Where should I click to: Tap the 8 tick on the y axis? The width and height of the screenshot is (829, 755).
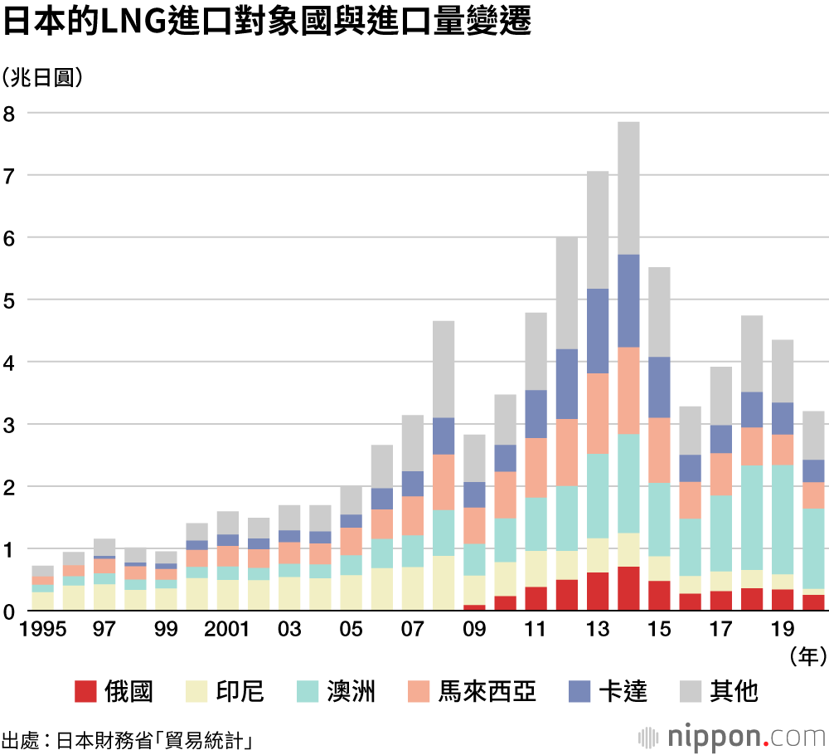coord(9,113)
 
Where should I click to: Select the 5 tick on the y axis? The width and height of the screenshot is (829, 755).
coord(9,300)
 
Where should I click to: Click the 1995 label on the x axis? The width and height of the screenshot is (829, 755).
coord(43,630)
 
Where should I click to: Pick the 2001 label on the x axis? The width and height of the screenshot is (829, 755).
coord(227,630)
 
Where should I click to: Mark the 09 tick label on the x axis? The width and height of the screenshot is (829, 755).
coord(474,630)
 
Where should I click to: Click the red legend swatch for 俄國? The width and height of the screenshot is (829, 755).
coord(85,690)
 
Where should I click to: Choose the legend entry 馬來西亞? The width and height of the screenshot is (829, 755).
coord(486,690)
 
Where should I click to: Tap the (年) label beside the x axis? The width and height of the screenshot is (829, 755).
coord(807,657)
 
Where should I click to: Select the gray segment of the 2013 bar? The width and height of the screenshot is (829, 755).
coord(598,230)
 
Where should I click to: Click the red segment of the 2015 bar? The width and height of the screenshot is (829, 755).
coord(659,596)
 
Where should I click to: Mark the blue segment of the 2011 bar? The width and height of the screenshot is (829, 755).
coord(536,414)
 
